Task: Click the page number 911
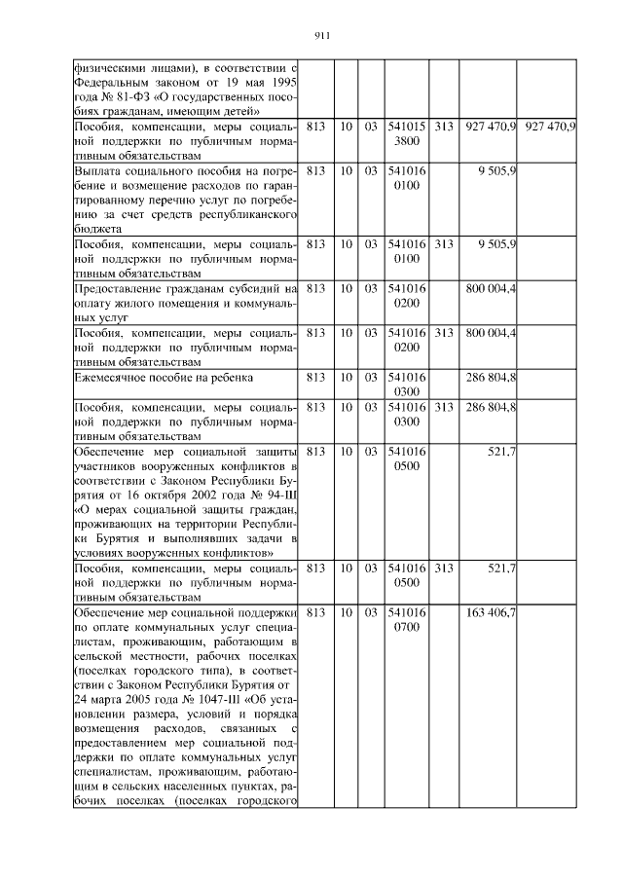point(325,36)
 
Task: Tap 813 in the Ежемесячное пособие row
point(315,376)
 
